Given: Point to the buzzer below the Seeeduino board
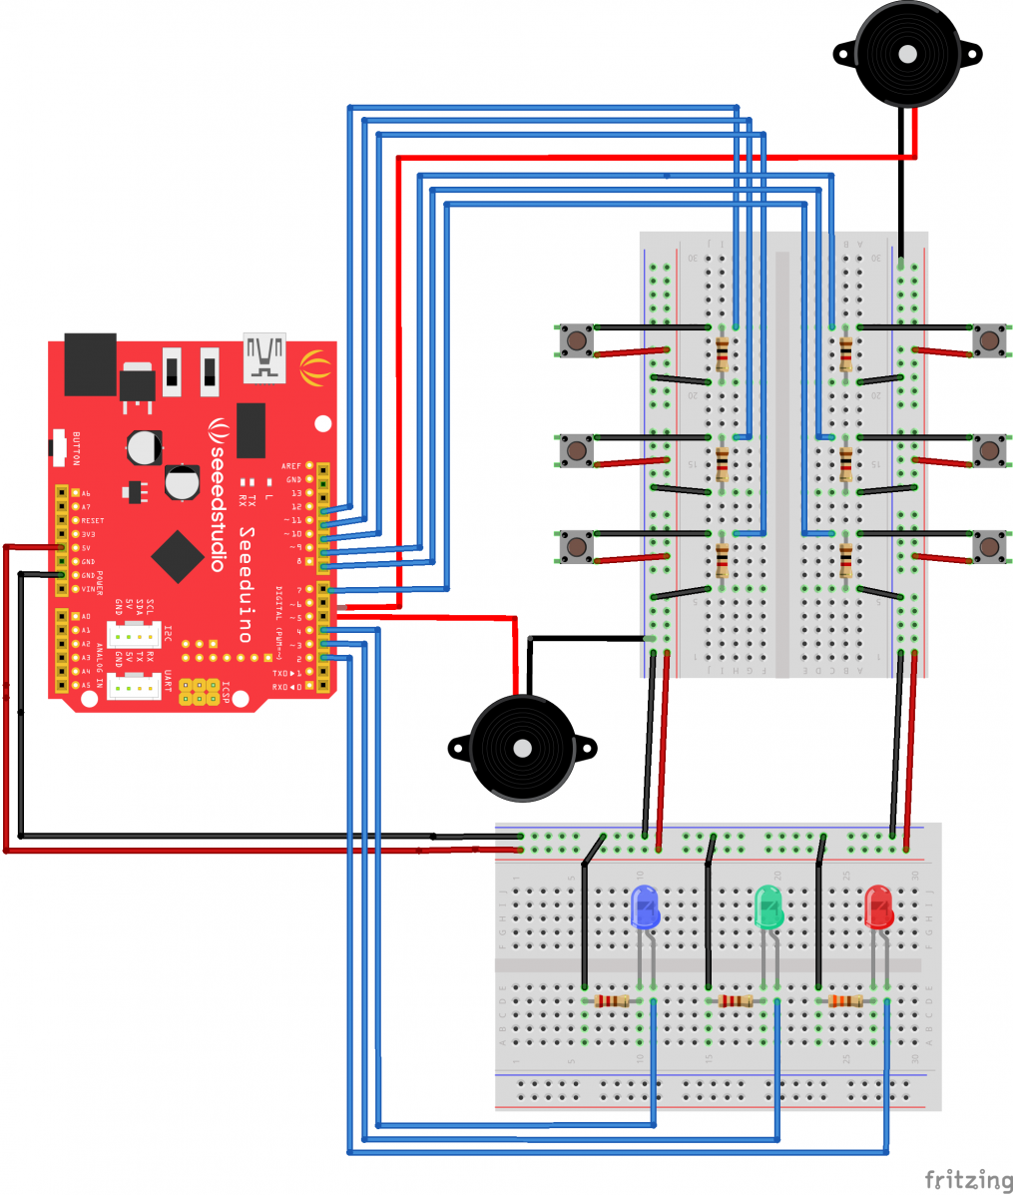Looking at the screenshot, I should [521, 749].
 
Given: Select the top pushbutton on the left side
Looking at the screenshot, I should [575, 340].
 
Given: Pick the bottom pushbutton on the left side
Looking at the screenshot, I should [575, 546].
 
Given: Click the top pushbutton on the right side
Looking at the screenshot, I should [989, 340].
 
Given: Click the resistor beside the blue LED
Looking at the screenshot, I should [611, 1000].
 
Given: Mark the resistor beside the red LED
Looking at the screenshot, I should [845, 1000].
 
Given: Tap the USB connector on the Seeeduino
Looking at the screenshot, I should [264, 356].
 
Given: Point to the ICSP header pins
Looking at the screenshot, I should [200, 692].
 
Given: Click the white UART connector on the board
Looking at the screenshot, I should [133, 686].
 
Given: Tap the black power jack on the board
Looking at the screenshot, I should [90, 364].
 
